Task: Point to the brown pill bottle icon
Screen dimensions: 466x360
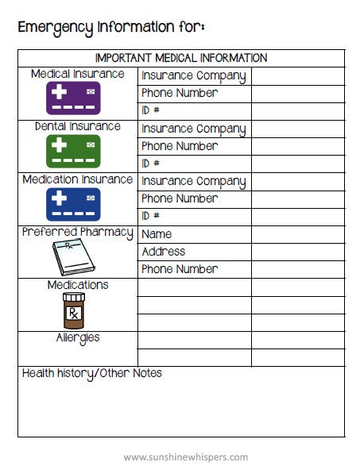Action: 74,310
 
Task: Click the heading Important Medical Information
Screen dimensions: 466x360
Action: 181,58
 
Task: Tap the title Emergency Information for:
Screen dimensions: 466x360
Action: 111,27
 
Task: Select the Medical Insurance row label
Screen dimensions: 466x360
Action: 78,74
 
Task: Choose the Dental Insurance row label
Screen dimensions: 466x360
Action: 78,126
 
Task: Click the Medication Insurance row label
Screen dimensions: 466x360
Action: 78,179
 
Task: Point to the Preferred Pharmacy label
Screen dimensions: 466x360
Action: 78,233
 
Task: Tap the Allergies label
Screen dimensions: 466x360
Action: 78,337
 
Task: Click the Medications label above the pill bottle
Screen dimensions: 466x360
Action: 78,285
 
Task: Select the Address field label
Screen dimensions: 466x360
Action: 163,252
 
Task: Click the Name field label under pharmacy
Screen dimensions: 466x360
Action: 157,234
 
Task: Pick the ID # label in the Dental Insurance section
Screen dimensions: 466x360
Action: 151,164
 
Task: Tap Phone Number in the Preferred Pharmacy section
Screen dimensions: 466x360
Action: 180,269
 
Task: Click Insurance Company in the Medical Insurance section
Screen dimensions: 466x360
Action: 193,76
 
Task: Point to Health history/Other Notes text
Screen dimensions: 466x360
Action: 92,373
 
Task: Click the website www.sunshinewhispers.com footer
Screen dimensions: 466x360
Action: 186,456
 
